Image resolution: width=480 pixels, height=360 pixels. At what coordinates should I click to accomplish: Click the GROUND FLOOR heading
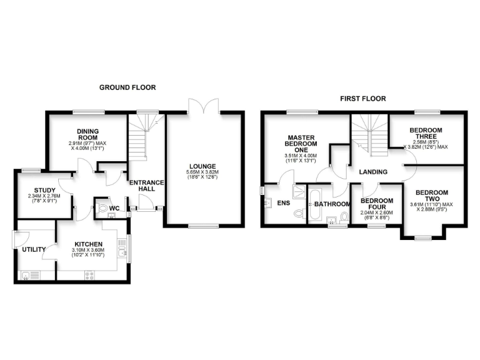click(127, 87)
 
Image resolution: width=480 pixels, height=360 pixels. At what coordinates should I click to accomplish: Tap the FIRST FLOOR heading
click(362, 99)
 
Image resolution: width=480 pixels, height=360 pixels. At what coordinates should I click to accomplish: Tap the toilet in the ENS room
click(297, 214)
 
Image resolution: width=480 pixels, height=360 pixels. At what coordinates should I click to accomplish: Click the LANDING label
click(374, 172)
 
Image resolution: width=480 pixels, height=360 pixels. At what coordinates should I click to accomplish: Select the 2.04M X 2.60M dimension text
click(376, 212)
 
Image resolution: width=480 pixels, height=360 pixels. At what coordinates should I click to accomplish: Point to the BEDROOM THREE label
click(426, 134)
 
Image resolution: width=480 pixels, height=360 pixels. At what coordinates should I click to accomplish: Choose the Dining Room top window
click(88, 112)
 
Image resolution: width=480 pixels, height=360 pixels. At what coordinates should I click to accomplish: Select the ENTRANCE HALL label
click(146, 186)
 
